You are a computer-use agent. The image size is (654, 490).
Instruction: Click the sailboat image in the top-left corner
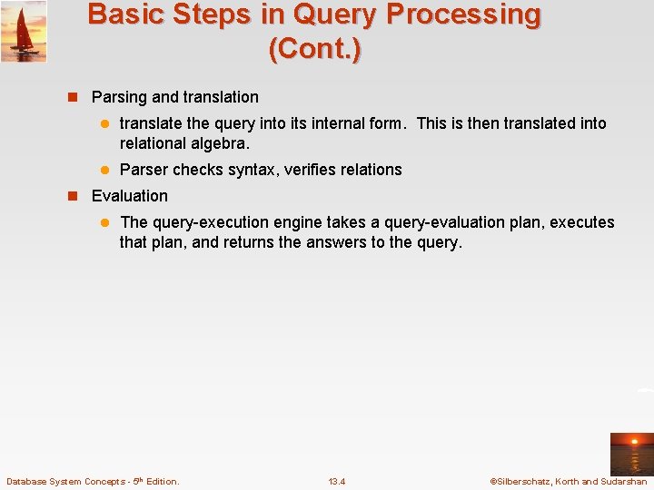pyautogui.click(x=24, y=32)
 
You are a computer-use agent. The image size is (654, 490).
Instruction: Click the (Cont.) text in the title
pyautogui.click(x=314, y=48)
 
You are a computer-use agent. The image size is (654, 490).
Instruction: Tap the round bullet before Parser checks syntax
pyautogui.click(x=104, y=170)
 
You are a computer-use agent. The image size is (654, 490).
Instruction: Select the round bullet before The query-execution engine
pyautogui.click(x=104, y=222)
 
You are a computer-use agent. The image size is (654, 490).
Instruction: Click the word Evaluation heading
pyautogui.click(x=130, y=196)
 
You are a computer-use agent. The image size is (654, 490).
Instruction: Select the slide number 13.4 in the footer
pyautogui.click(x=337, y=481)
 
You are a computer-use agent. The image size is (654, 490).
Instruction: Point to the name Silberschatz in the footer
pyautogui.click(x=523, y=481)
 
